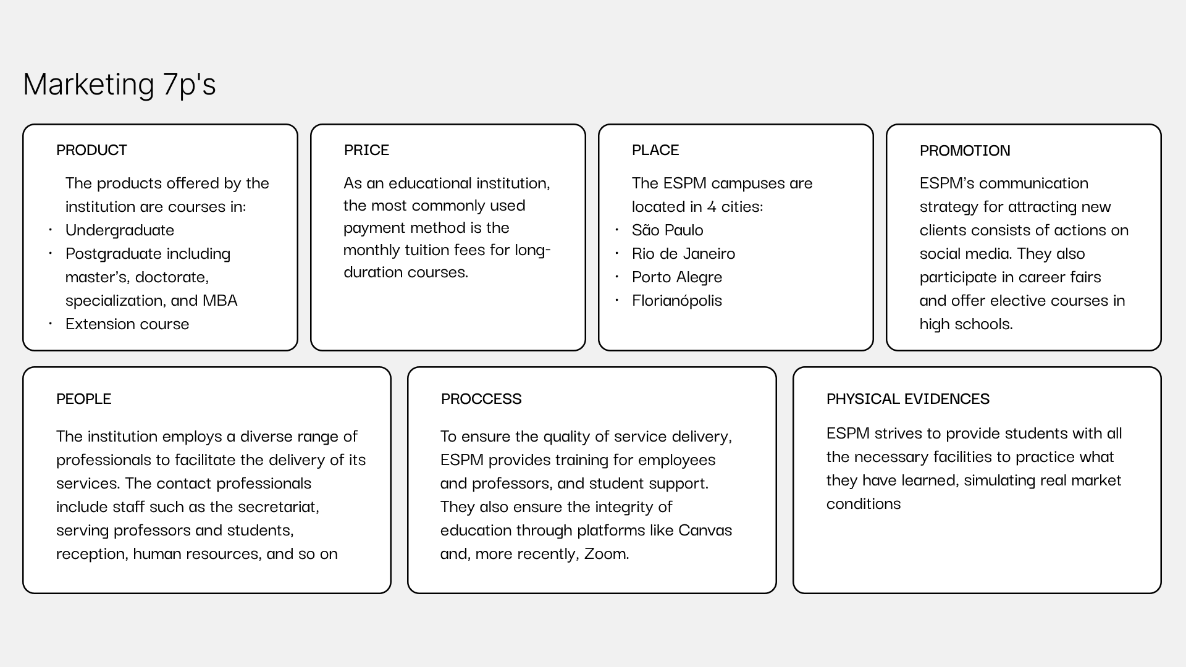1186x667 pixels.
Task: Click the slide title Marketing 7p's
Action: click(119, 84)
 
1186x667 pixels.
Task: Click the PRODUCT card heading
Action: click(91, 150)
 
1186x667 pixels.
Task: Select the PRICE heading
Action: click(366, 150)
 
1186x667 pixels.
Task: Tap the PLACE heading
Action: click(655, 150)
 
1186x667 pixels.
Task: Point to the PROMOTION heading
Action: click(964, 151)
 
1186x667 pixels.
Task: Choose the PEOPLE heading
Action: click(83, 399)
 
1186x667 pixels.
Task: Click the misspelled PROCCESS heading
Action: click(481, 399)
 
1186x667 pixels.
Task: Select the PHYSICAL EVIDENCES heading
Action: click(907, 399)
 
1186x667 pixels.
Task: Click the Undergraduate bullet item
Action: click(120, 230)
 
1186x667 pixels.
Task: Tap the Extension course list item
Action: click(127, 324)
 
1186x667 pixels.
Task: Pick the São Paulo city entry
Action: click(667, 230)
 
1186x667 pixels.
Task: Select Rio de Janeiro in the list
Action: click(683, 254)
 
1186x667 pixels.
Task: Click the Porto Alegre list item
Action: click(676, 277)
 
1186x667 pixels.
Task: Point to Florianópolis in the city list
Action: click(676, 301)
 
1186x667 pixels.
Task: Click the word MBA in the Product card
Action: click(220, 301)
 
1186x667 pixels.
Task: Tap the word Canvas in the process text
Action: click(705, 531)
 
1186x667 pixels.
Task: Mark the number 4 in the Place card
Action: click(712, 207)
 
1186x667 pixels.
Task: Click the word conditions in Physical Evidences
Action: click(863, 504)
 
